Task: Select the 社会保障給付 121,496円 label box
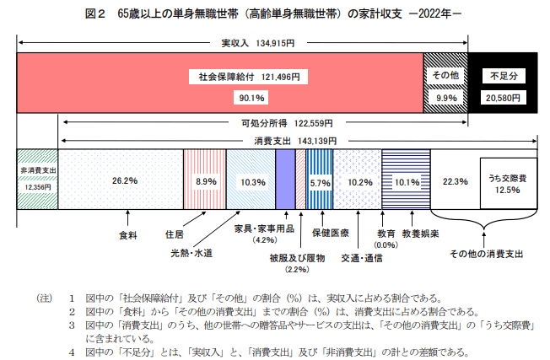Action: pyautogui.click(x=244, y=76)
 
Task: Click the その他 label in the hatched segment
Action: pyautogui.click(x=445, y=76)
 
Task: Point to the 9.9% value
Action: pyautogui.click(x=445, y=99)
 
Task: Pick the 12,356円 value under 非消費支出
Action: pyautogui.click(x=37, y=185)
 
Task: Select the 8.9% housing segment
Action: pyautogui.click(x=206, y=180)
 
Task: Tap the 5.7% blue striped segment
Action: pyautogui.click(x=319, y=181)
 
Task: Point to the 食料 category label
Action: pyautogui.click(x=127, y=235)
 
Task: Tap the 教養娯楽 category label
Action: pyautogui.click(x=419, y=233)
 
